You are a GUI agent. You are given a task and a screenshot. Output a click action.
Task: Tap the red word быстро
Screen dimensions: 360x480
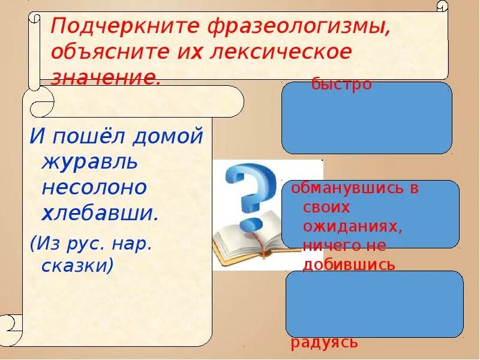click(x=341, y=85)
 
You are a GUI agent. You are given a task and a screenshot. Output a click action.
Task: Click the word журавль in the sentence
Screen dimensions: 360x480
click(x=90, y=161)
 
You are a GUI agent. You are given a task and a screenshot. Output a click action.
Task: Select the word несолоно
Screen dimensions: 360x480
click(x=94, y=187)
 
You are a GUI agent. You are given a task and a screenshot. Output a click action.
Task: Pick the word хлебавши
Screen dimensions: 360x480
click(x=100, y=213)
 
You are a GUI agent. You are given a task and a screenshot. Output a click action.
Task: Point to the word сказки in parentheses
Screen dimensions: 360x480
click(x=77, y=265)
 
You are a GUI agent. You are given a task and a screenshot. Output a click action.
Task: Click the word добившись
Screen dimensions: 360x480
click(x=349, y=264)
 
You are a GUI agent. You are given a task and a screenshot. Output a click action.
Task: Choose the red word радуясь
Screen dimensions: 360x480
click(x=325, y=343)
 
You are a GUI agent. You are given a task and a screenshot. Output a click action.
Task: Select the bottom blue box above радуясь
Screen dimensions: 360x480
click(x=374, y=304)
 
